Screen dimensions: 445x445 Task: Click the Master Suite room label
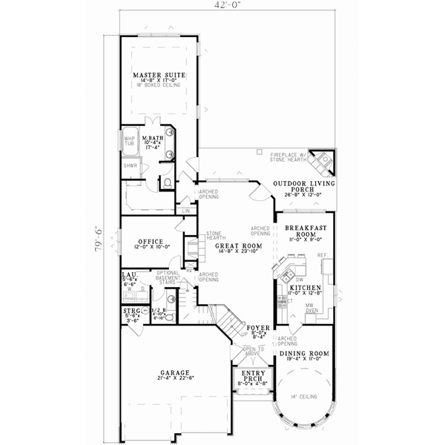point(159,76)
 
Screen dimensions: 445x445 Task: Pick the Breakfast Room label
point(303,230)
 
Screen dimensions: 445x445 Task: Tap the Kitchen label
point(304,287)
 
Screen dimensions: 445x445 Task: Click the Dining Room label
point(305,354)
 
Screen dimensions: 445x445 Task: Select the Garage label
point(174,373)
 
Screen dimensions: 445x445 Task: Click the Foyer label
point(257,326)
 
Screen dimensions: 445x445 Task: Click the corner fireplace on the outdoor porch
point(323,160)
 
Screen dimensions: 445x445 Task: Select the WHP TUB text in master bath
point(129,141)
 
